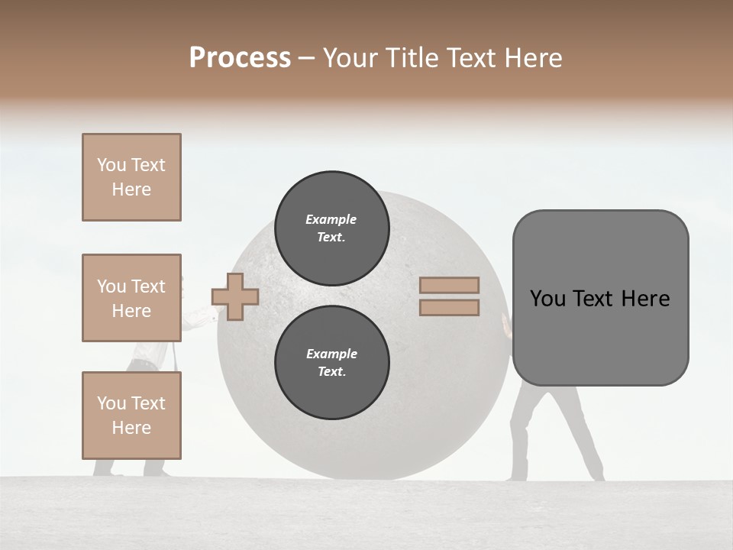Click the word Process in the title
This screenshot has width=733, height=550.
click(x=240, y=58)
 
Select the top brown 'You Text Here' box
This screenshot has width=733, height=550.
click(x=131, y=177)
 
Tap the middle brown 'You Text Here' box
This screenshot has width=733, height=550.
click(x=131, y=298)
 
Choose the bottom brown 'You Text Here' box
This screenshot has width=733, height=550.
click(x=131, y=416)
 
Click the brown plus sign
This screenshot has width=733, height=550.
click(x=235, y=296)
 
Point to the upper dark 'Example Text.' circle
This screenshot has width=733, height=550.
click(x=331, y=228)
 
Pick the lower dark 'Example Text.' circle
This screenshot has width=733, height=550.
click(x=331, y=362)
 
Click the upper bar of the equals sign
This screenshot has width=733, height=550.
click(x=449, y=285)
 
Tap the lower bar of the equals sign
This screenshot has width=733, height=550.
click(x=449, y=307)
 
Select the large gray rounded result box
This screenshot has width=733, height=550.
click(x=600, y=336)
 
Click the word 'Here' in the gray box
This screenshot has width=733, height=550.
click(x=646, y=299)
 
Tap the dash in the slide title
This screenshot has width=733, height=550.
click(x=307, y=58)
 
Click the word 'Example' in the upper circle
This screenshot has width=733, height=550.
click(x=331, y=219)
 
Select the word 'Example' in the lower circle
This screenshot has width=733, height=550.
click(x=331, y=354)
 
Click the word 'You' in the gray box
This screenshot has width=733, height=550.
click(x=547, y=299)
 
